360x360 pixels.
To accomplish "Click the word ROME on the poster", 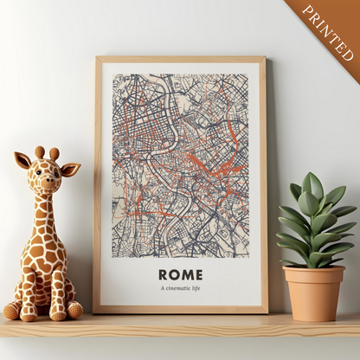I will click(181, 274).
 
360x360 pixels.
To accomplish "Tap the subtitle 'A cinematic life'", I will click(181, 288).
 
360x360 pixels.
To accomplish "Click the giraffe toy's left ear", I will click(22, 160).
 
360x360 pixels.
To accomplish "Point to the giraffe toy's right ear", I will click(71, 169).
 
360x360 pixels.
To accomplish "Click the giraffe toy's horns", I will click(48, 153).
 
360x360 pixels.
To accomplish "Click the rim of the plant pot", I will click(313, 272).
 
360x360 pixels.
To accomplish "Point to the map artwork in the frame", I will click(180, 164).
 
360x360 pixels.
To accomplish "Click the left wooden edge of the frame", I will click(98, 182).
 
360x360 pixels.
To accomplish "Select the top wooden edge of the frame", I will click(180, 60).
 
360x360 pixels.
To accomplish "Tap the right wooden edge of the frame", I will click(263, 182).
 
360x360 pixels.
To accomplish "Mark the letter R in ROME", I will click(164, 274).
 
